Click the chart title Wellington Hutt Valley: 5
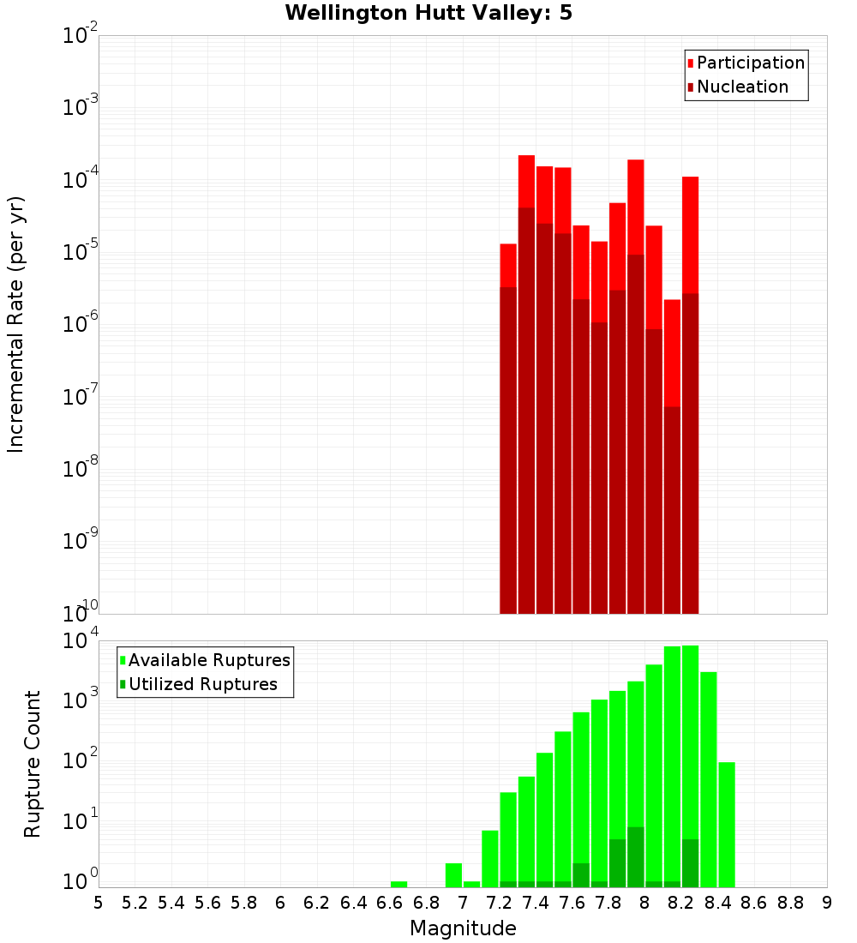(x=428, y=13)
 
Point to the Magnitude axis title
(x=463, y=928)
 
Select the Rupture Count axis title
(x=33, y=763)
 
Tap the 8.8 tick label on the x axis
(x=790, y=903)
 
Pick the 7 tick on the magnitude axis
(x=463, y=903)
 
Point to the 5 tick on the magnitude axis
(x=99, y=903)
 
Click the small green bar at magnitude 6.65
(x=399, y=884)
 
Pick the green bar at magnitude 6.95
(x=453, y=875)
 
